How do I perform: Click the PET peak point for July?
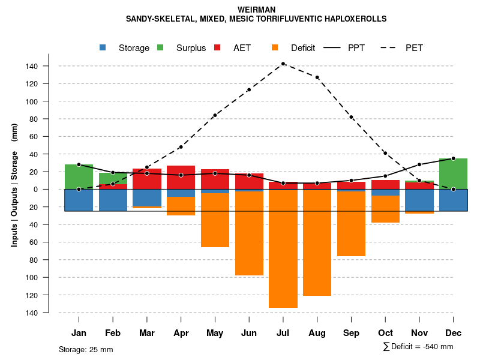(283, 64)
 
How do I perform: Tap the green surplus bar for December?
(453, 173)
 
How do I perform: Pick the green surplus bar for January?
(79, 176)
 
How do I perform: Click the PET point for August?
(317, 77)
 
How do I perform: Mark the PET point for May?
(215, 115)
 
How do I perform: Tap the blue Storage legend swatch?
(103, 48)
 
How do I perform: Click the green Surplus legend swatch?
(160, 48)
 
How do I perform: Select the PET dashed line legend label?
(414, 48)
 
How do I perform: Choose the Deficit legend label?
(303, 48)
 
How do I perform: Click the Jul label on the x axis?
(283, 333)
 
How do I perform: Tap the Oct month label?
(385, 333)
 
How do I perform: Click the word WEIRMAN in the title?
(256, 10)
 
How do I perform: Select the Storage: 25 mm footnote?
(86, 349)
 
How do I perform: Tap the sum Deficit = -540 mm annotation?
(418, 347)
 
